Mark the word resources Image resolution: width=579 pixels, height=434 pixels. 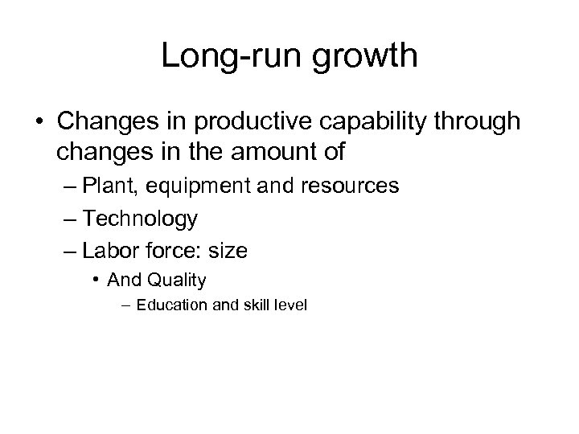coord(347,186)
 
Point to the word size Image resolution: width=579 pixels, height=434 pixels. coord(228,251)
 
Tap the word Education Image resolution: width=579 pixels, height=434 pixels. coord(166,305)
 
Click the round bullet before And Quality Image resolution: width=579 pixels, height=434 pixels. coord(96,280)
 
